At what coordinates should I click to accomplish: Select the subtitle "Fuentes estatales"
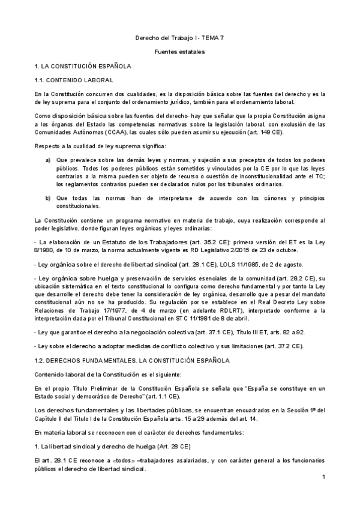tap(180, 52)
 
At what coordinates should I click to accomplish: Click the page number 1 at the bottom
tap(323, 477)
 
